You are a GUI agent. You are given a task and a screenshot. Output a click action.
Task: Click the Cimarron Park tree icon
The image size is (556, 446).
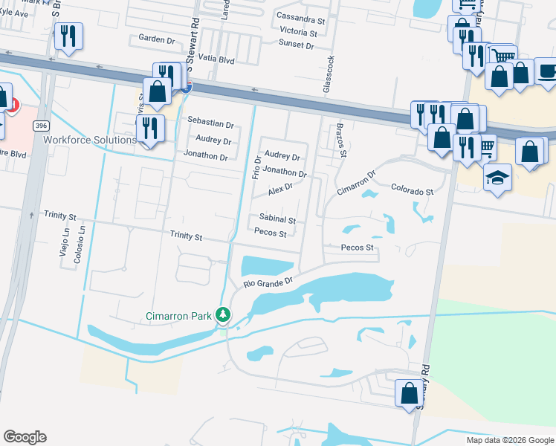[x=222, y=316]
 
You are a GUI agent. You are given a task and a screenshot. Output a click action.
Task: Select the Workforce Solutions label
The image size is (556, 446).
[x=90, y=140]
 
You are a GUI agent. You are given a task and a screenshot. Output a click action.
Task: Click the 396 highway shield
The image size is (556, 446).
[x=41, y=127]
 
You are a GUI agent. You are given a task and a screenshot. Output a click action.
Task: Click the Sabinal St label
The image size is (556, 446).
[x=277, y=220]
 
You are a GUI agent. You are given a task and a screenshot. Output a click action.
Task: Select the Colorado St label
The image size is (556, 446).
[x=413, y=191]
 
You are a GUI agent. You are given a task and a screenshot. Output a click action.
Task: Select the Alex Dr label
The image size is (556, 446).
[x=280, y=188]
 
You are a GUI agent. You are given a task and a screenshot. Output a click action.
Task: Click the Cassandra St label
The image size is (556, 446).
[x=300, y=16]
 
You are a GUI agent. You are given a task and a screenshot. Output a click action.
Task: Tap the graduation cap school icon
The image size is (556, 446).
[x=497, y=177]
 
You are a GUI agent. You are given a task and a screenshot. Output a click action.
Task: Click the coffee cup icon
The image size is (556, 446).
[x=547, y=71]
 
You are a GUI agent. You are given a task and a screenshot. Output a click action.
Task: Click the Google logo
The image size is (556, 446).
[x=25, y=437]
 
